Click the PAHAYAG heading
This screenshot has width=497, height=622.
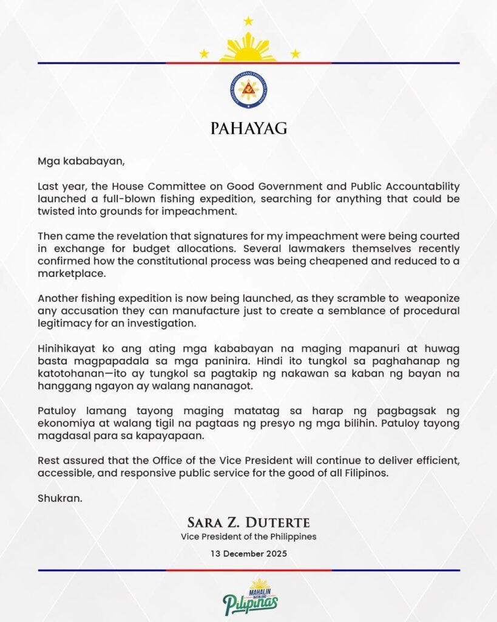[248, 129]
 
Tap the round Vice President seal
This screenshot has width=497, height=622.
[248, 91]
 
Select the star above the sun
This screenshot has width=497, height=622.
[248, 21]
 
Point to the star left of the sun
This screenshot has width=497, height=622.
[204, 54]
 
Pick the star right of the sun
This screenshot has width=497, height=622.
[295, 54]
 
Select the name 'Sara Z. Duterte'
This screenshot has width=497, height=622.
[248, 523]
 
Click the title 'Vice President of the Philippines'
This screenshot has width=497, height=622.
[248, 537]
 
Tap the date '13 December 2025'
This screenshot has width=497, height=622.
[248, 553]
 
